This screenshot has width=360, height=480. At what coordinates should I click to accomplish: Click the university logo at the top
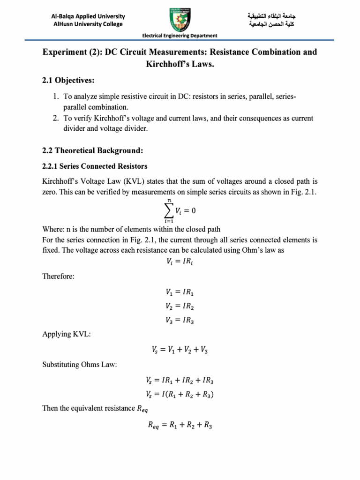(180, 17)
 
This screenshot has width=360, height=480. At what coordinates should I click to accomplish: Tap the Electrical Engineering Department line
(180, 36)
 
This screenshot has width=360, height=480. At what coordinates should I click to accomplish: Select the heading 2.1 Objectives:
(68, 81)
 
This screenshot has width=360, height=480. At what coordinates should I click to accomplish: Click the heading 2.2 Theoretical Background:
(92, 150)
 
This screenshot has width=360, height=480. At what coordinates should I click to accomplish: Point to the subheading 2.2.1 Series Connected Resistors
(95, 166)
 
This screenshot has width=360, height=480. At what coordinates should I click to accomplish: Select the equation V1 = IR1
(180, 292)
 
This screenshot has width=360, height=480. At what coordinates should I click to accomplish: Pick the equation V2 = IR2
(180, 306)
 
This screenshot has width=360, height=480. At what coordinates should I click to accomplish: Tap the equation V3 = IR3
(180, 321)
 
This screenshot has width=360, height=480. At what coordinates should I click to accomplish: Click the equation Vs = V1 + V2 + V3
(180, 349)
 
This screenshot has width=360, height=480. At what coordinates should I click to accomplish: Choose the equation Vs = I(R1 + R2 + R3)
(180, 394)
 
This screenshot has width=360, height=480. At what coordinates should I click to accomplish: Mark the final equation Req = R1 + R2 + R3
(180, 426)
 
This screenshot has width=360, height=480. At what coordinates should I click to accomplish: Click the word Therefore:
(58, 277)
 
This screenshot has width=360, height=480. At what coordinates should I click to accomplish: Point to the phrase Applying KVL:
(63, 335)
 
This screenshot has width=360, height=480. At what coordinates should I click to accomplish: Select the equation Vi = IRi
(180, 263)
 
